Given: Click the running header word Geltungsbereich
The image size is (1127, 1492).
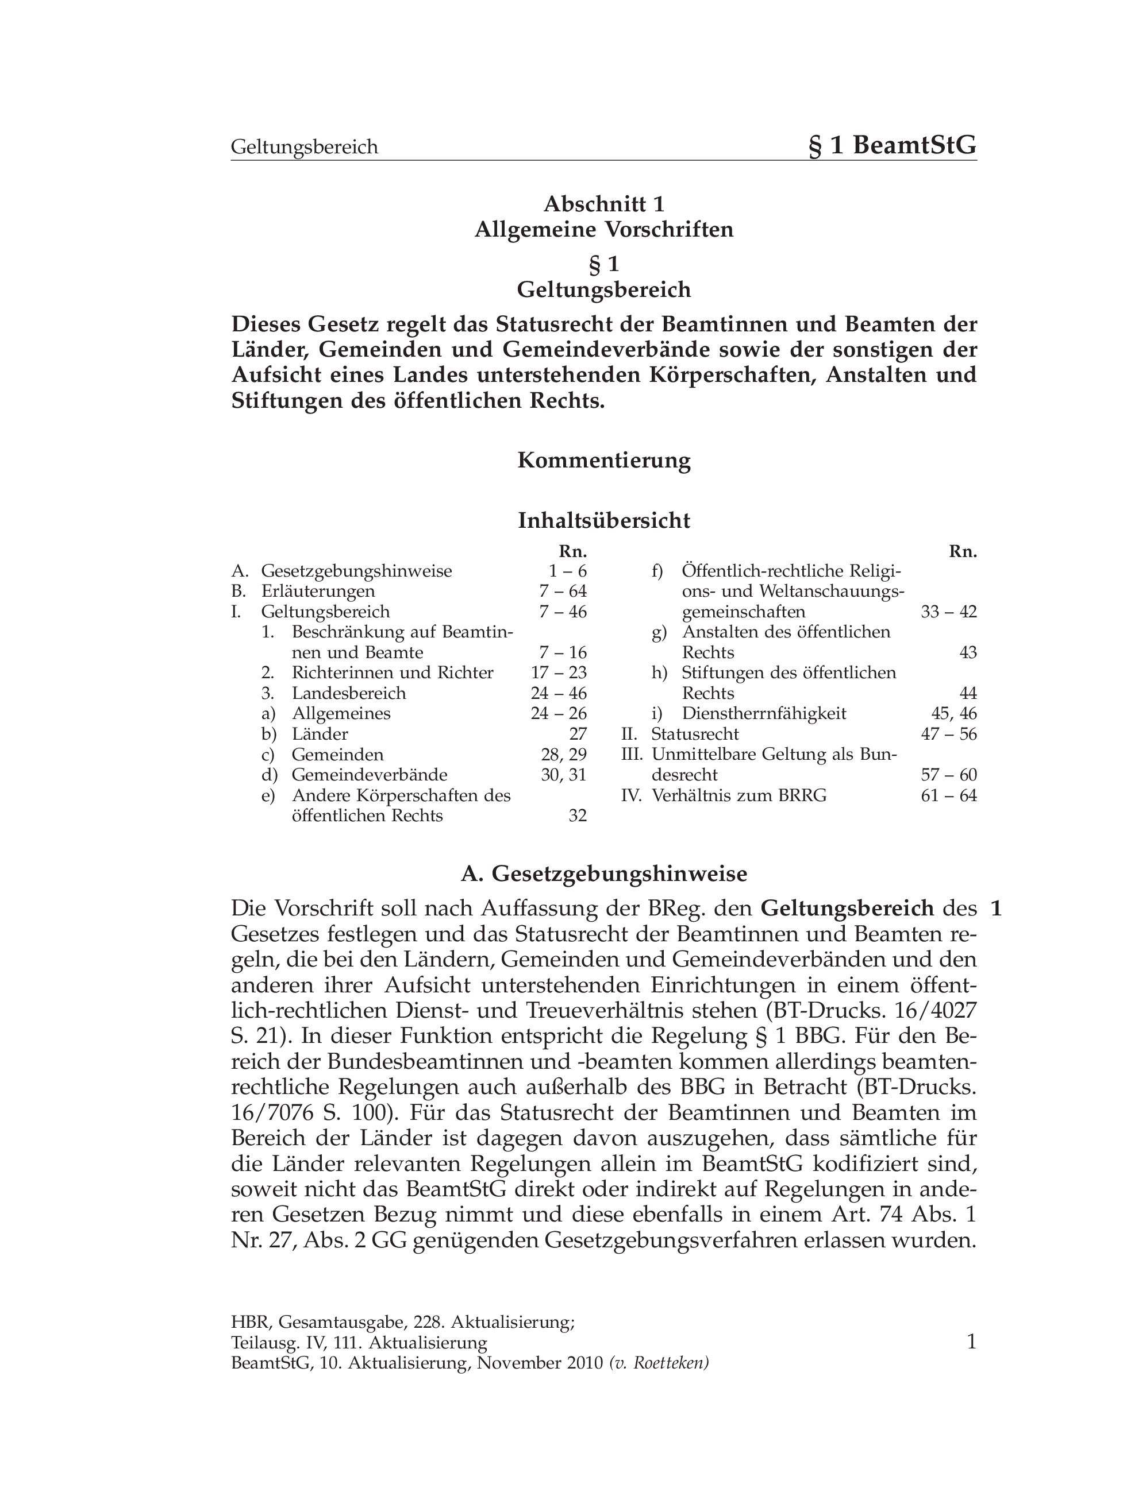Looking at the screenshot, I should [x=305, y=147].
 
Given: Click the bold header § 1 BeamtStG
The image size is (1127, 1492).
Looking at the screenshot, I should [x=892, y=145].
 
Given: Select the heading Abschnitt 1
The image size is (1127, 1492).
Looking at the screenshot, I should [x=604, y=204].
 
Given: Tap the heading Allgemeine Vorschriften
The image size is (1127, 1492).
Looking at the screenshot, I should [x=604, y=230].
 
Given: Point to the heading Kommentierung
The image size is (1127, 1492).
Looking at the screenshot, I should [x=604, y=461].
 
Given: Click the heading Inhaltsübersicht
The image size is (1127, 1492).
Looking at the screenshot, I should [x=604, y=521].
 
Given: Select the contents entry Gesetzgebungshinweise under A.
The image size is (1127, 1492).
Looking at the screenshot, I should [x=356, y=571].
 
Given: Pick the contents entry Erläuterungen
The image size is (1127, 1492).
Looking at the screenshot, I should [x=318, y=592].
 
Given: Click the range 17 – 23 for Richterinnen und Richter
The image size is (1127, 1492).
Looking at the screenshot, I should [x=559, y=673].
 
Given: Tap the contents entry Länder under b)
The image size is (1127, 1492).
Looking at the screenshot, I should [x=320, y=734].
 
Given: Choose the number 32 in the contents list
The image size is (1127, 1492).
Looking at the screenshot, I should [x=578, y=816].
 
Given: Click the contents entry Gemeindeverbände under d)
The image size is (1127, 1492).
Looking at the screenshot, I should [x=369, y=775].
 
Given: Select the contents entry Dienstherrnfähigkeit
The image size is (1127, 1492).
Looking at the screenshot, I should [x=764, y=714].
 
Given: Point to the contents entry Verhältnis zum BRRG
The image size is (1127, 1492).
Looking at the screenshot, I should [x=739, y=796].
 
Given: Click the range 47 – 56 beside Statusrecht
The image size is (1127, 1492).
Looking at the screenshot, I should [x=949, y=734].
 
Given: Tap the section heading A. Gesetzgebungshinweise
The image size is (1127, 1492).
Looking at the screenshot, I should [x=604, y=874].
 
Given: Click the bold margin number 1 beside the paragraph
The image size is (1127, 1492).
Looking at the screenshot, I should [x=996, y=909].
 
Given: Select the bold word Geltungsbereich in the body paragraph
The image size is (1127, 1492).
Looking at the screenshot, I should [x=847, y=909].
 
